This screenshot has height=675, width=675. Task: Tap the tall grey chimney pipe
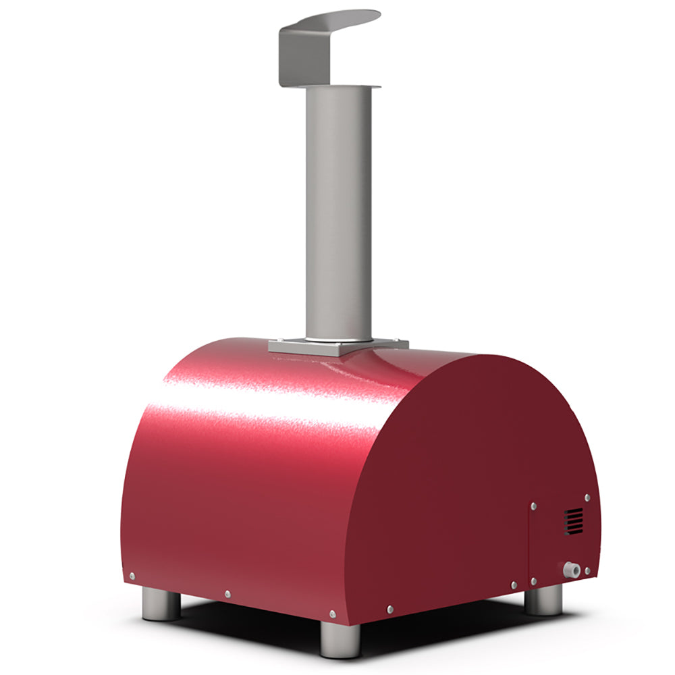[338, 216]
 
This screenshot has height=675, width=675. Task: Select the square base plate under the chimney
[337, 346]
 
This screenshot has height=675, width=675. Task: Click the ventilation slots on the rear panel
[573, 521]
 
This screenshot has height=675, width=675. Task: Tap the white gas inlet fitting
[572, 570]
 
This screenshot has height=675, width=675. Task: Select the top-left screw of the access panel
[534, 505]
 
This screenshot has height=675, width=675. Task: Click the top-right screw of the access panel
[587, 497]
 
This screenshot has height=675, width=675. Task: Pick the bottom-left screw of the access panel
[533, 581]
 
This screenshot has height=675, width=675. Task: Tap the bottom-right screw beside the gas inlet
[587, 571]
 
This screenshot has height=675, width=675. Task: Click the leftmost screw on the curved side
[132, 576]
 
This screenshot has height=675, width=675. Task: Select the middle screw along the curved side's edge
[227, 594]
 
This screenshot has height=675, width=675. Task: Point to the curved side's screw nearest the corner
[332, 614]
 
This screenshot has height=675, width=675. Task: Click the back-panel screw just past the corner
[390, 610]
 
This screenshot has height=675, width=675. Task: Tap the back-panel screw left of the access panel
[514, 585]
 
